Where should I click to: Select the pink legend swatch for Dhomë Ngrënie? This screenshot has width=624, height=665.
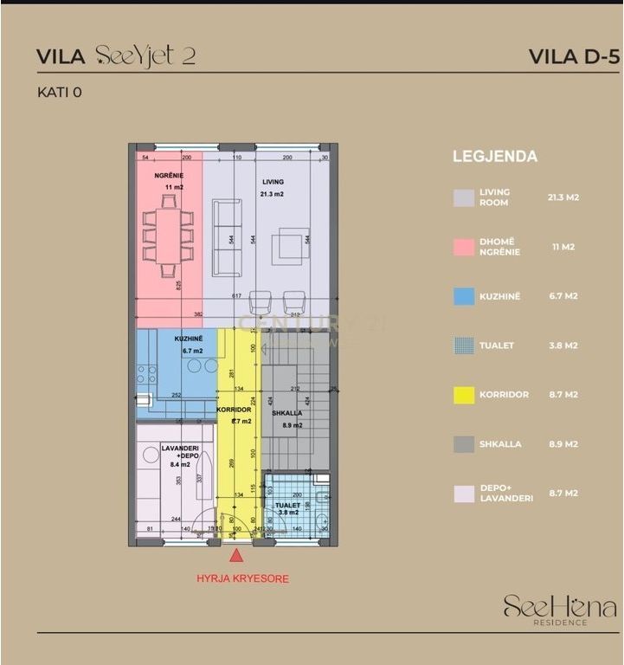(x=464, y=247)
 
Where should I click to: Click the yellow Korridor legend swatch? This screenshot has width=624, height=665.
(x=464, y=395)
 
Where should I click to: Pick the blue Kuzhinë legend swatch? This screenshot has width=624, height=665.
(x=464, y=296)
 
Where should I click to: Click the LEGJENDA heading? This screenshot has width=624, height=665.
(x=495, y=157)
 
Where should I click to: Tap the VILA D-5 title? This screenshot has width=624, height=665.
(x=574, y=57)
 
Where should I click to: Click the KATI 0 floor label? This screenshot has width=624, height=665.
(x=59, y=91)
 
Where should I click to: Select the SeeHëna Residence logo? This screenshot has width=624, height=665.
(x=559, y=610)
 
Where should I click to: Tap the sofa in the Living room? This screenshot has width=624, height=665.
(x=228, y=238)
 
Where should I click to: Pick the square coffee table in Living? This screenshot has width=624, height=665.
(x=291, y=247)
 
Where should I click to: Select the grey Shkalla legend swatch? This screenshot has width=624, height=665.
(x=464, y=444)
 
